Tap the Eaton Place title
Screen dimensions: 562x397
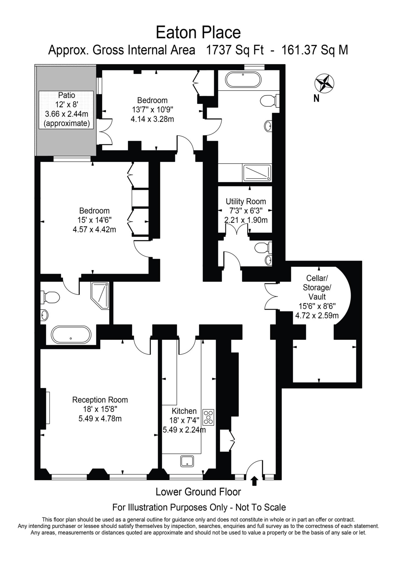tap(198, 32)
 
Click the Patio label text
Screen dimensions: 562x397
tap(67, 95)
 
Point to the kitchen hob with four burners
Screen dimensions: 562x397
tap(208, 418)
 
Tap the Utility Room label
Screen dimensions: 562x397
tap(246, 201)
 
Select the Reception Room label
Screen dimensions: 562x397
tap(100, 400)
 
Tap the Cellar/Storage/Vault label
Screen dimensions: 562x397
tap(317, 287)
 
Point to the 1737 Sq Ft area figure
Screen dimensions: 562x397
tap(235, 50)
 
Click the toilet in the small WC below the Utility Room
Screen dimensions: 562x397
tap(263, 248)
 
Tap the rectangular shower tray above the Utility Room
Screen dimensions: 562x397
tap(257, 173)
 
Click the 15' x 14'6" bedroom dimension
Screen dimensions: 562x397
tap(94, 220)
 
